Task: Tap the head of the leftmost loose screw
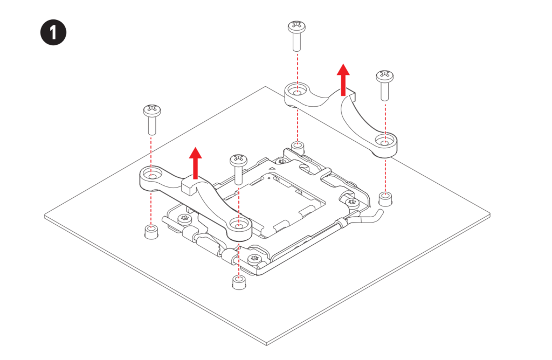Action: click(150, 111)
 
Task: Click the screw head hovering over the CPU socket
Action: click(238, 160)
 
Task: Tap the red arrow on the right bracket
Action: click(343, 77)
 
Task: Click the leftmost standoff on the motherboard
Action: click(151, 232)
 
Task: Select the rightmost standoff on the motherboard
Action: click(384, 198)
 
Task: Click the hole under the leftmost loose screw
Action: click(152, 176)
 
